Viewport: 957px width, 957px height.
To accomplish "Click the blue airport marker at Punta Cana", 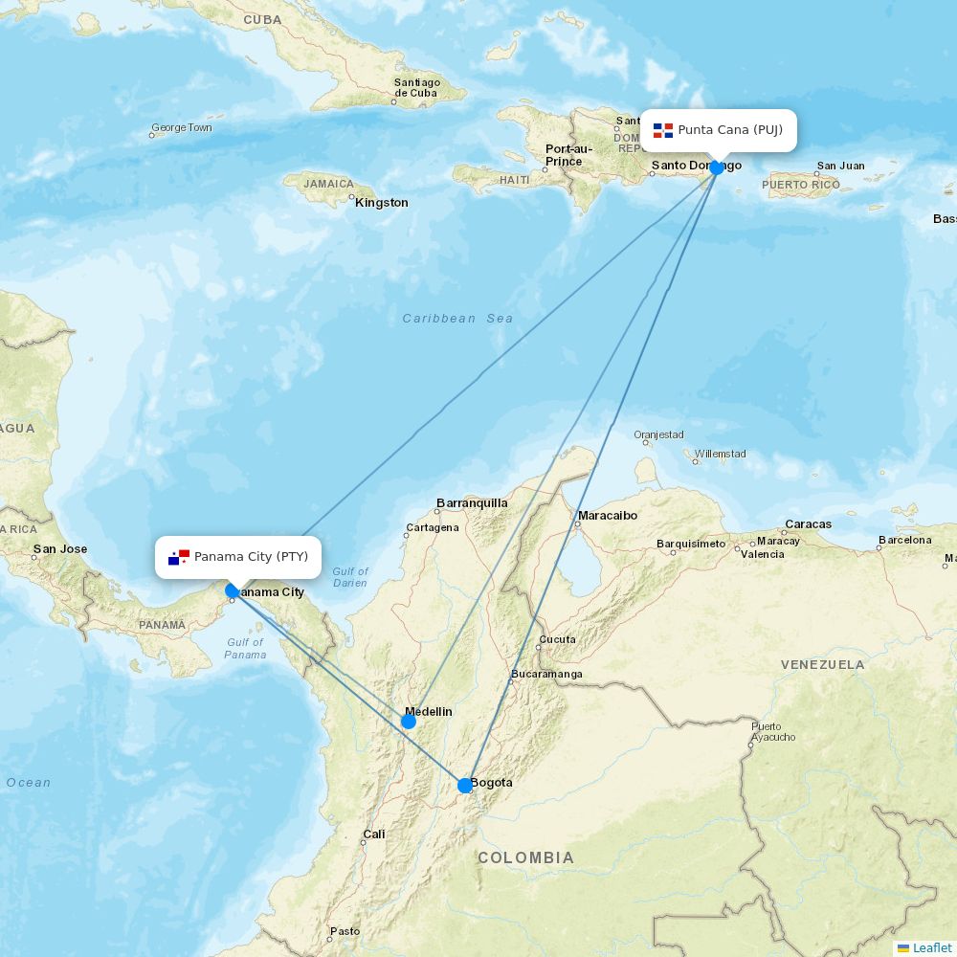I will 717,167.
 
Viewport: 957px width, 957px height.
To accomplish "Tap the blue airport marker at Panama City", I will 232,590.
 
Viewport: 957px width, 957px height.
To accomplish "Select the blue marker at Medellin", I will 409,722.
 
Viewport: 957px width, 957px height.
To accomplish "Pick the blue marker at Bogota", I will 465,786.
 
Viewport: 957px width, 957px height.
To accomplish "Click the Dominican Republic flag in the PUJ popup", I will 663,130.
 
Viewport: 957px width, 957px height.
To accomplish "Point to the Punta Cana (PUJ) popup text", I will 730,130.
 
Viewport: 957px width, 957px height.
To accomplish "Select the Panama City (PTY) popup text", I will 251,557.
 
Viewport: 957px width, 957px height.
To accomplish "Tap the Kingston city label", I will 381,203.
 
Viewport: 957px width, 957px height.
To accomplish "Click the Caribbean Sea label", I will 457,319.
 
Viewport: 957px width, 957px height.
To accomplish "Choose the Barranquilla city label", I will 472,502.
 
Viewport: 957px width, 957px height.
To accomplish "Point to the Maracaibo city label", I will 607,516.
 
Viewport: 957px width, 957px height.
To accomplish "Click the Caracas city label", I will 808,524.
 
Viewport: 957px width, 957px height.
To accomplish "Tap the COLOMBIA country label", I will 526,857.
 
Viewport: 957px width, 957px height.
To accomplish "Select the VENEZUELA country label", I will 822,664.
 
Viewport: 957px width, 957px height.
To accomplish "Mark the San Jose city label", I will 59,549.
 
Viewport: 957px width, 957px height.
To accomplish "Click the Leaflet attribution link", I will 931,947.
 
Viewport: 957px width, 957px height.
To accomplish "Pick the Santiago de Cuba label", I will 416,87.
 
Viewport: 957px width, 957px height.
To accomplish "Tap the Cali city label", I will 373,835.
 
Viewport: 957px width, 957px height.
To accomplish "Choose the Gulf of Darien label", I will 350,577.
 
